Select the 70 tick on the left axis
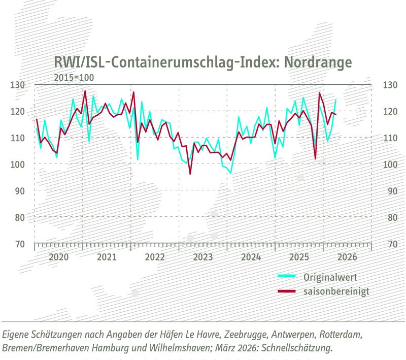coord(18,244)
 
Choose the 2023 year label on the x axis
coord(202,257)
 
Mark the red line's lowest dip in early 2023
coord(190,174)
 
